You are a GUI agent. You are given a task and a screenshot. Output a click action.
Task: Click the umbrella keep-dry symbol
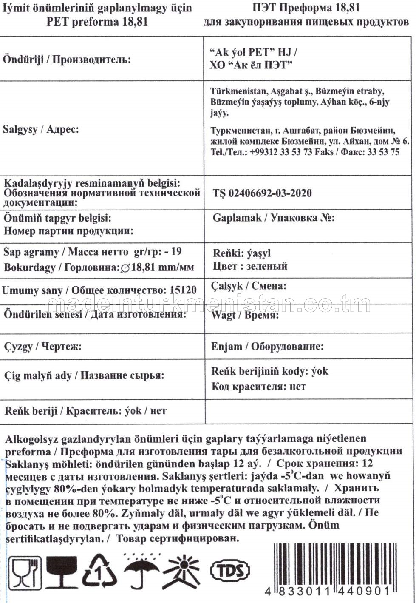pyautogui.click(x=141, y=570)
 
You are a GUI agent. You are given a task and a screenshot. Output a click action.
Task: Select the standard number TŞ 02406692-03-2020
pyautogui.click(x=262, y=193)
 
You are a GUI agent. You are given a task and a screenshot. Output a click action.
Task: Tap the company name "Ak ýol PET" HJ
pyautogui.click(x=254, y=52)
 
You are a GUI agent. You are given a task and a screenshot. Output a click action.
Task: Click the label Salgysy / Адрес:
pyautogui.click(x=41, y=129)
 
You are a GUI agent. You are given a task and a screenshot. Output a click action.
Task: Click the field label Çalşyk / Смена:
pyautogui.click(x=249, y=286)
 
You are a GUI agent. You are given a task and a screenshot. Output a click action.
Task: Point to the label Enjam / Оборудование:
pyautogui.click(x=267, y=347)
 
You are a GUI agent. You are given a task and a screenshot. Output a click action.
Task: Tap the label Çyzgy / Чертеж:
pyautogui.click(x=43, y=347)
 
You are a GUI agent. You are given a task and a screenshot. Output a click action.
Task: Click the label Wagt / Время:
pyautogui.click(x=245, y=316)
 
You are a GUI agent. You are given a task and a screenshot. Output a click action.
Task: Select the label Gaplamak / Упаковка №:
pyautogui.click(x=274, y=218)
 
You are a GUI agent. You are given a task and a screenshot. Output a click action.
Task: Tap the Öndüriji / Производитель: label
pyautogui.click(x=66, y=59)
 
